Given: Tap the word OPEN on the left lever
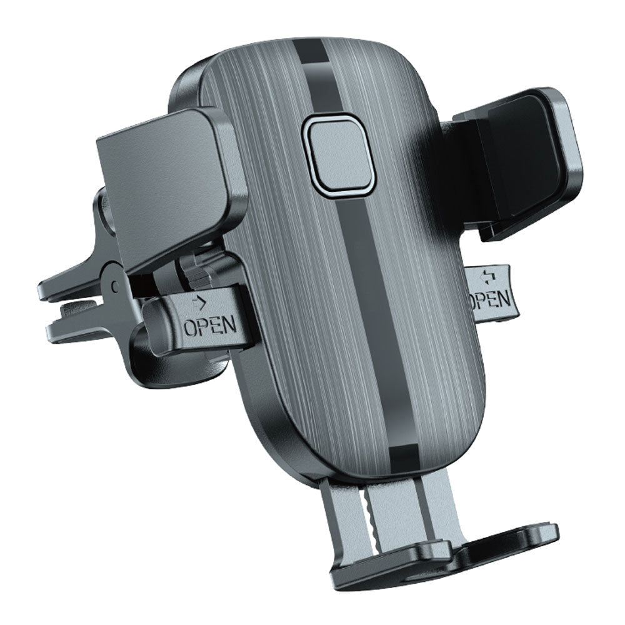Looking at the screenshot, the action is click(209, 326).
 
